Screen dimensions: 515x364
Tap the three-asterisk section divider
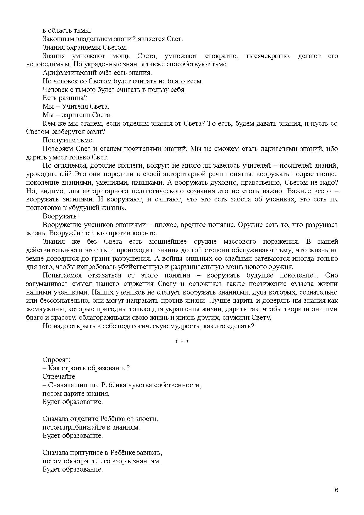[x=182, y=342]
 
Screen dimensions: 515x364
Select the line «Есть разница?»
[x=65, y=98]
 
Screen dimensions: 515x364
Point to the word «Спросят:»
[x=56, y=360]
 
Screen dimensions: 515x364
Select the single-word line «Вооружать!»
[x=61, y=216]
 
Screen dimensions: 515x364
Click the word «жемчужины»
[x=42, y=309]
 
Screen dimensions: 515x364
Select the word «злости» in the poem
[x=148, y=419]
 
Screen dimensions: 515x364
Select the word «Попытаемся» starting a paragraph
[x=61, y=275]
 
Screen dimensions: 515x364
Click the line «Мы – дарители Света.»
[x=77, y=115]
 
